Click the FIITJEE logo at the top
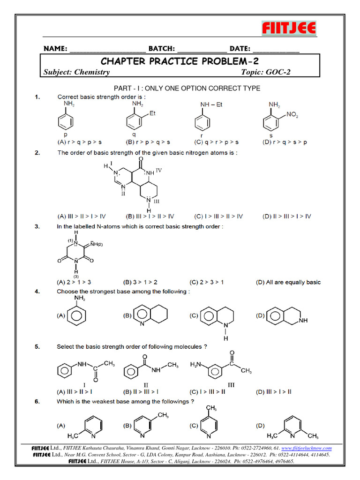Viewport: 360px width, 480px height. point(289,28)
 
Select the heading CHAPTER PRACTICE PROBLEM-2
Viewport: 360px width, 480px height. point(180,61)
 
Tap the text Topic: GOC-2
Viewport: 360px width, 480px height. point(269,72)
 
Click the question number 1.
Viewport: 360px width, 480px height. point(37,97)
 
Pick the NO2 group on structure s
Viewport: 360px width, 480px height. point(292,114)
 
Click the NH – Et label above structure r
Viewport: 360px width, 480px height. point(212,104)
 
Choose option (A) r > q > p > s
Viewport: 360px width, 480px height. point(80,142)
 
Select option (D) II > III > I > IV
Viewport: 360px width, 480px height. point(287,216)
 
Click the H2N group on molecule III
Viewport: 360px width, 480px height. point(197,364)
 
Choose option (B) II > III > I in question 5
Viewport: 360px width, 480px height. point(141,392)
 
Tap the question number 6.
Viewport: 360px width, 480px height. point(37,402)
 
